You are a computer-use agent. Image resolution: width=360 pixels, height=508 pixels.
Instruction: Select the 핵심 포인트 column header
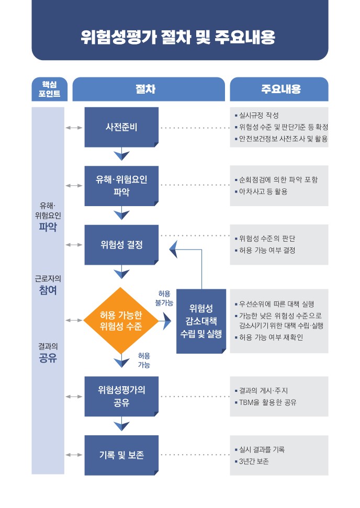coord(48,89)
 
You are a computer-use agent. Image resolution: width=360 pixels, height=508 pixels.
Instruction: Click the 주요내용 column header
coord(279,89)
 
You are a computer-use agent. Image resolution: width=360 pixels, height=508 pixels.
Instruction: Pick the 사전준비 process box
coord(121,127)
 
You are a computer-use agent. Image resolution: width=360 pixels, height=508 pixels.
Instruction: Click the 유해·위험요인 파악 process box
coord(121,186)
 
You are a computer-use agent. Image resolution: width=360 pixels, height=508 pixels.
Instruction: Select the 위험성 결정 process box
coord(121,244)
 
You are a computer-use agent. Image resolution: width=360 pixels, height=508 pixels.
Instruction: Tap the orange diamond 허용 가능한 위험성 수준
coord(121,320)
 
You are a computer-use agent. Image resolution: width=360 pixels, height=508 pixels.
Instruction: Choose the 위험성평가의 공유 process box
coord(121,396)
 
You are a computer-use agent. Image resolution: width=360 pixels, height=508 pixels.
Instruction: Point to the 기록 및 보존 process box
coord(121,455)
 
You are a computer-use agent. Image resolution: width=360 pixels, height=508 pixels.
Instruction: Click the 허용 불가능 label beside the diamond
coord(164,298)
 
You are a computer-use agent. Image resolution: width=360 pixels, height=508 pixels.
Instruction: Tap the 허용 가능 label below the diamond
coord(144,360)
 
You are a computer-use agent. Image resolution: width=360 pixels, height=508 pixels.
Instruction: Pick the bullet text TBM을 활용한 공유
coord(267,402)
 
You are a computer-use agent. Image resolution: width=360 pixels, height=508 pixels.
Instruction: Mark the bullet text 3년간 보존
coord(254,461)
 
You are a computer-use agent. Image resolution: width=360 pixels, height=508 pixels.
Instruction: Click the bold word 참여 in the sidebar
coord(48,291)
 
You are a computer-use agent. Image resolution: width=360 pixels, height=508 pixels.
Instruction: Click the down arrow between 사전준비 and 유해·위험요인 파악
coord(121,154)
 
